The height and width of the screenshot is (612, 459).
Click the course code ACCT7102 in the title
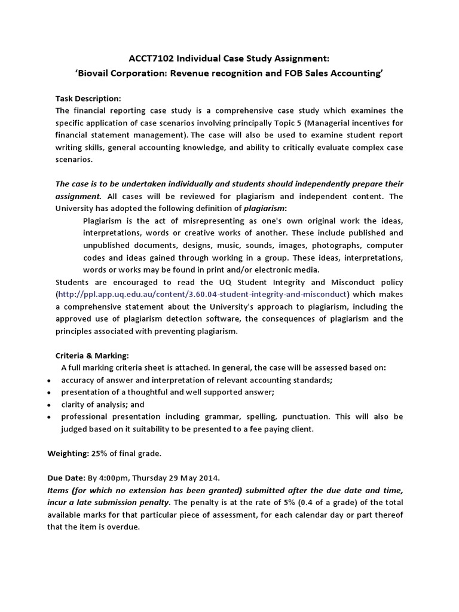coord(151,59)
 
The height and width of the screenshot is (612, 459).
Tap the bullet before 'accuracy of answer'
coord(48,381)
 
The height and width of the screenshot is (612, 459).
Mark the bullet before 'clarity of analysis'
coord(48,405)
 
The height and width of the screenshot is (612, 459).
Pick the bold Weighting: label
coord(68,454)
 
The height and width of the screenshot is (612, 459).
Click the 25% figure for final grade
coord(99,454)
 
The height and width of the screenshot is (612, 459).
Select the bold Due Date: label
coord(66,478)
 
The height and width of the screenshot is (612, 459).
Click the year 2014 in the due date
coord(210,478)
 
